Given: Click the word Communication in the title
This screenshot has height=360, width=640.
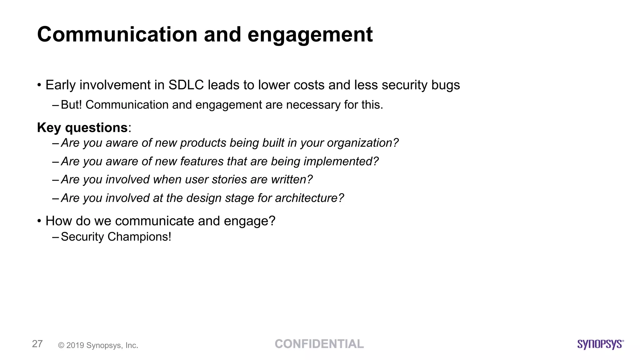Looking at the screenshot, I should click(117, 34).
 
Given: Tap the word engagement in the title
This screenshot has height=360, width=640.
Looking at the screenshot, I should click(310, 35).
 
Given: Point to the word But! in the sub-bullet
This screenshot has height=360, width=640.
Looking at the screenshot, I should click(71, 105).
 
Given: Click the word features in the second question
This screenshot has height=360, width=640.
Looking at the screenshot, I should click(202, 161).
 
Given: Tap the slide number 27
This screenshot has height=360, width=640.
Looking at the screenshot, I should click(37, 344).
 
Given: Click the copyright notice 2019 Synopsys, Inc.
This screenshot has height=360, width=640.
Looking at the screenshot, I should click(98, 345).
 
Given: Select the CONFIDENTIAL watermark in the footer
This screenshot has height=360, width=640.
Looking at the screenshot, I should click(319, 344).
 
